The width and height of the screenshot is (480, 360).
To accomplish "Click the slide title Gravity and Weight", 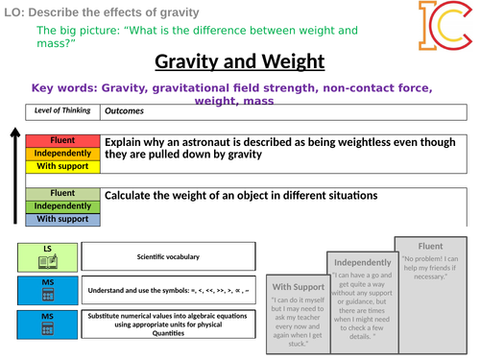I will [241, 63].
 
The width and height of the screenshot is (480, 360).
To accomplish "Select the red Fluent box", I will [59, 140].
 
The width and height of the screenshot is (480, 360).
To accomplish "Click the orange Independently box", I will [59, 153].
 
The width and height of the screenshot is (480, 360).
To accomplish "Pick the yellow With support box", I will [59, 166].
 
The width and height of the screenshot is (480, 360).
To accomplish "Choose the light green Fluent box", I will [59, 193].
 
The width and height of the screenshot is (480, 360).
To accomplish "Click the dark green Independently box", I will [59, 205].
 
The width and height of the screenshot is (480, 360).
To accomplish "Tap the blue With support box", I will [59, 218].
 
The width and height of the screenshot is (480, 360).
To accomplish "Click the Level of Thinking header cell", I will [60, 109].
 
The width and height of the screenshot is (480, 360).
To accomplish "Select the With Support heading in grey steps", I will [299, 286].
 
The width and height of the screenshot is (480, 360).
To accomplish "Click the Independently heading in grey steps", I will [360, 262].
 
